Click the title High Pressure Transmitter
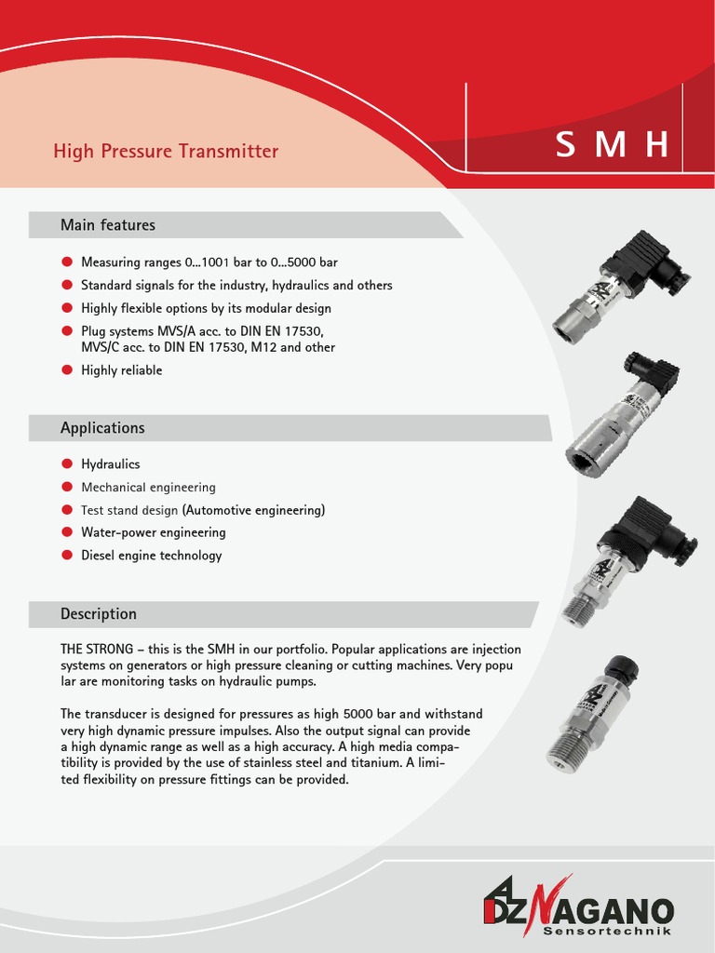[x=166, y=151]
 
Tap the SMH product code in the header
[x=612, y=145]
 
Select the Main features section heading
[x=108, y=225]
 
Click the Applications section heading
[x=102, y=428]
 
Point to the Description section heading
[x=99, y=614]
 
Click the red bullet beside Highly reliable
[x=67, y=370]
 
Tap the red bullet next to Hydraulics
[x=67, y=463]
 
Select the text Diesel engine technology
[x=151, y=556]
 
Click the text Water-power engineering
[x=153, y=532]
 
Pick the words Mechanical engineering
[x=148, y=487]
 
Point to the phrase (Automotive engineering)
[x=253, y=510]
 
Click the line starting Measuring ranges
[x=209, y=262]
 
